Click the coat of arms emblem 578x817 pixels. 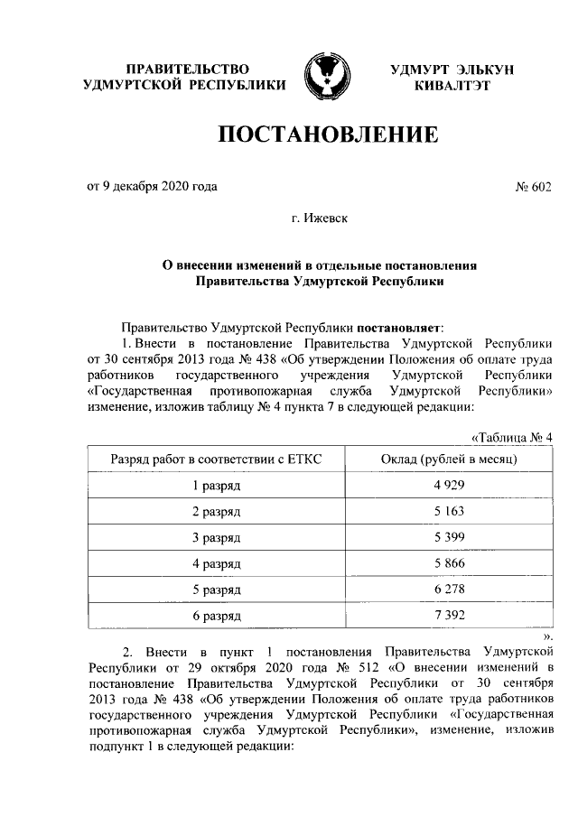tap(325, 76)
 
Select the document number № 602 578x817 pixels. tap(532, 187)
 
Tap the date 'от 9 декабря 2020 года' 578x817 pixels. tap(152, 187)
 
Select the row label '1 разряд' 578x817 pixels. tap(217, 486)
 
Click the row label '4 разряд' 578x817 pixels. tap(217, 564)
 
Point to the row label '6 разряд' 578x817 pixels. tap(217, 617)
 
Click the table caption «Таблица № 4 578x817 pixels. tap(511, 439)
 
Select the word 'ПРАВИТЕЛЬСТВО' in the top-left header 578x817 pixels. tap(187, 69)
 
